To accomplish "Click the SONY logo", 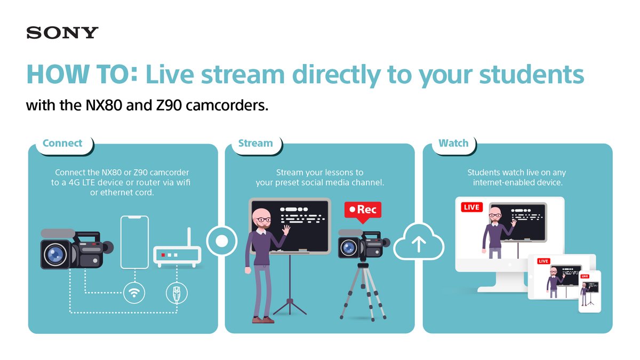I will [x=62, y=33].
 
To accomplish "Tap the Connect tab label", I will [x=62, y=143].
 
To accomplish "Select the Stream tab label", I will [x=255, y=143].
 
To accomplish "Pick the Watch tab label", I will [x=453, y=143].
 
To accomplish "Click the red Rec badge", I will [x=363, y=210].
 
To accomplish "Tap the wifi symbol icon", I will [x=133, y=292].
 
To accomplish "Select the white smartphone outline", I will [x=134, y=242].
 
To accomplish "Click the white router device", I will [x=177, y=255].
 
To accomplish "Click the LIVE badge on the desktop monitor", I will [x=471, y=207].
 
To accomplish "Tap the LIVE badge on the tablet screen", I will [x=543, y=261].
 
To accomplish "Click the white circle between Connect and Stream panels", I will [x=221, y=241].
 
